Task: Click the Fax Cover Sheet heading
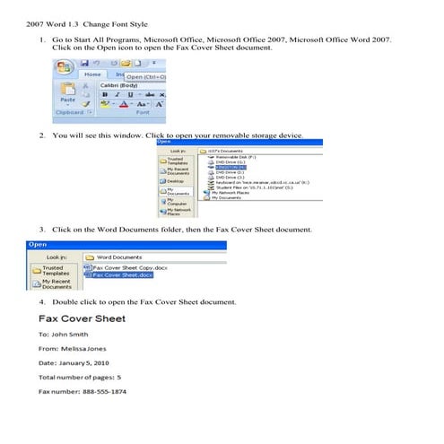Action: point(82,318)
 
